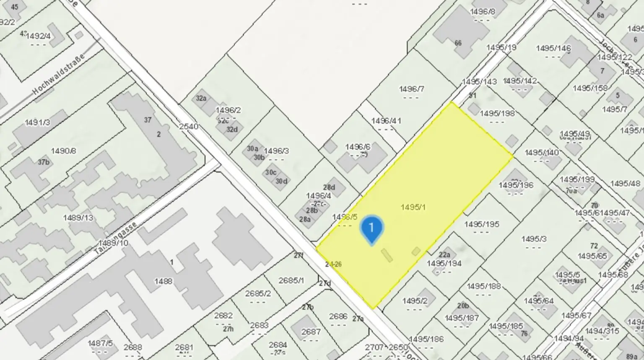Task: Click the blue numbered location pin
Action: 371,228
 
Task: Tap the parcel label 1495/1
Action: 413,207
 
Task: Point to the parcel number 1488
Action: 163,281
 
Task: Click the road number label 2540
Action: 188,126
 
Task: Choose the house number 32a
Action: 201,98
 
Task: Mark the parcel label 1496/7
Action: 411,89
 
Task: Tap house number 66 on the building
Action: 458,43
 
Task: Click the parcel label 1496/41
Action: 386,121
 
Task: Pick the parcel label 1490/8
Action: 63,151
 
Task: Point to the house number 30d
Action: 281,181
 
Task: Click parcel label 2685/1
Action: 291,280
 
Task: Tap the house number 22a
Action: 444,254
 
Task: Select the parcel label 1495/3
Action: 534,239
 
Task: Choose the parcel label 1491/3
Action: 37,122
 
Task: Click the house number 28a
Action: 305,219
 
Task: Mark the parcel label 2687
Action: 311,332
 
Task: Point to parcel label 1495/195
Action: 482,224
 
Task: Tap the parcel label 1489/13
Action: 78,218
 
